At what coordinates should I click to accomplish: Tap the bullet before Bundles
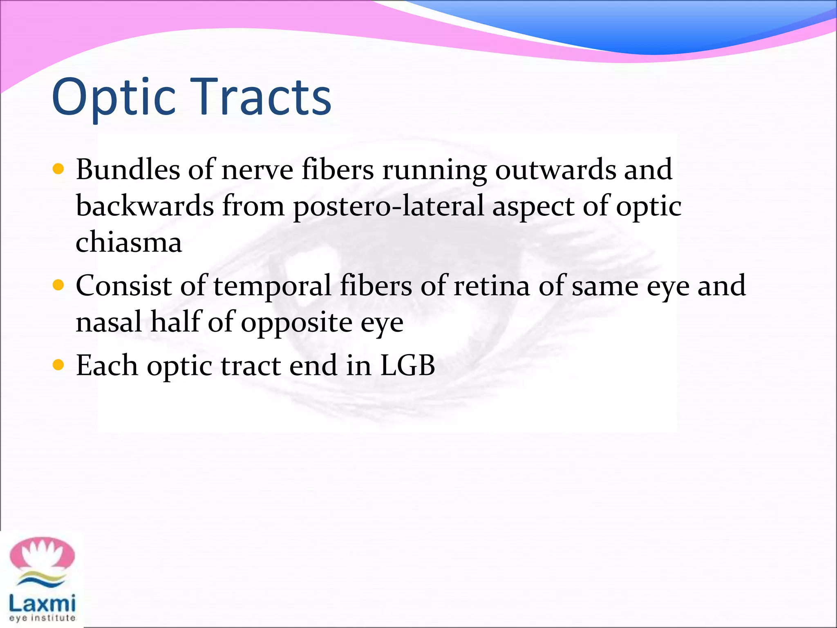tap(58, 169)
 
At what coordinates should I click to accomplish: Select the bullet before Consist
tap(58, 285)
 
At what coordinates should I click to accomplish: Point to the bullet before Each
tap(58, 364)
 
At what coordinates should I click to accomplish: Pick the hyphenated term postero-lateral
tap(388, 206)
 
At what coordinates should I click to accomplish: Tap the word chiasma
tap(129, 242)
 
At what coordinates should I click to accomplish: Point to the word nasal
tap(109, 321)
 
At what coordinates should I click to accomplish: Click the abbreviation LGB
tap(407, 365)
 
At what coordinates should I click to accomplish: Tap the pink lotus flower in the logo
tap(42, 554)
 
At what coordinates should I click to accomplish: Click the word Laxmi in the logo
tap(42, 603)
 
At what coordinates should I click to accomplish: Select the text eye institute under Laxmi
tap(42, 618)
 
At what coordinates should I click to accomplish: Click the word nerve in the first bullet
tap(257, 170)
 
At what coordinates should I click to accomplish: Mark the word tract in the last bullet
tap(251, 365)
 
